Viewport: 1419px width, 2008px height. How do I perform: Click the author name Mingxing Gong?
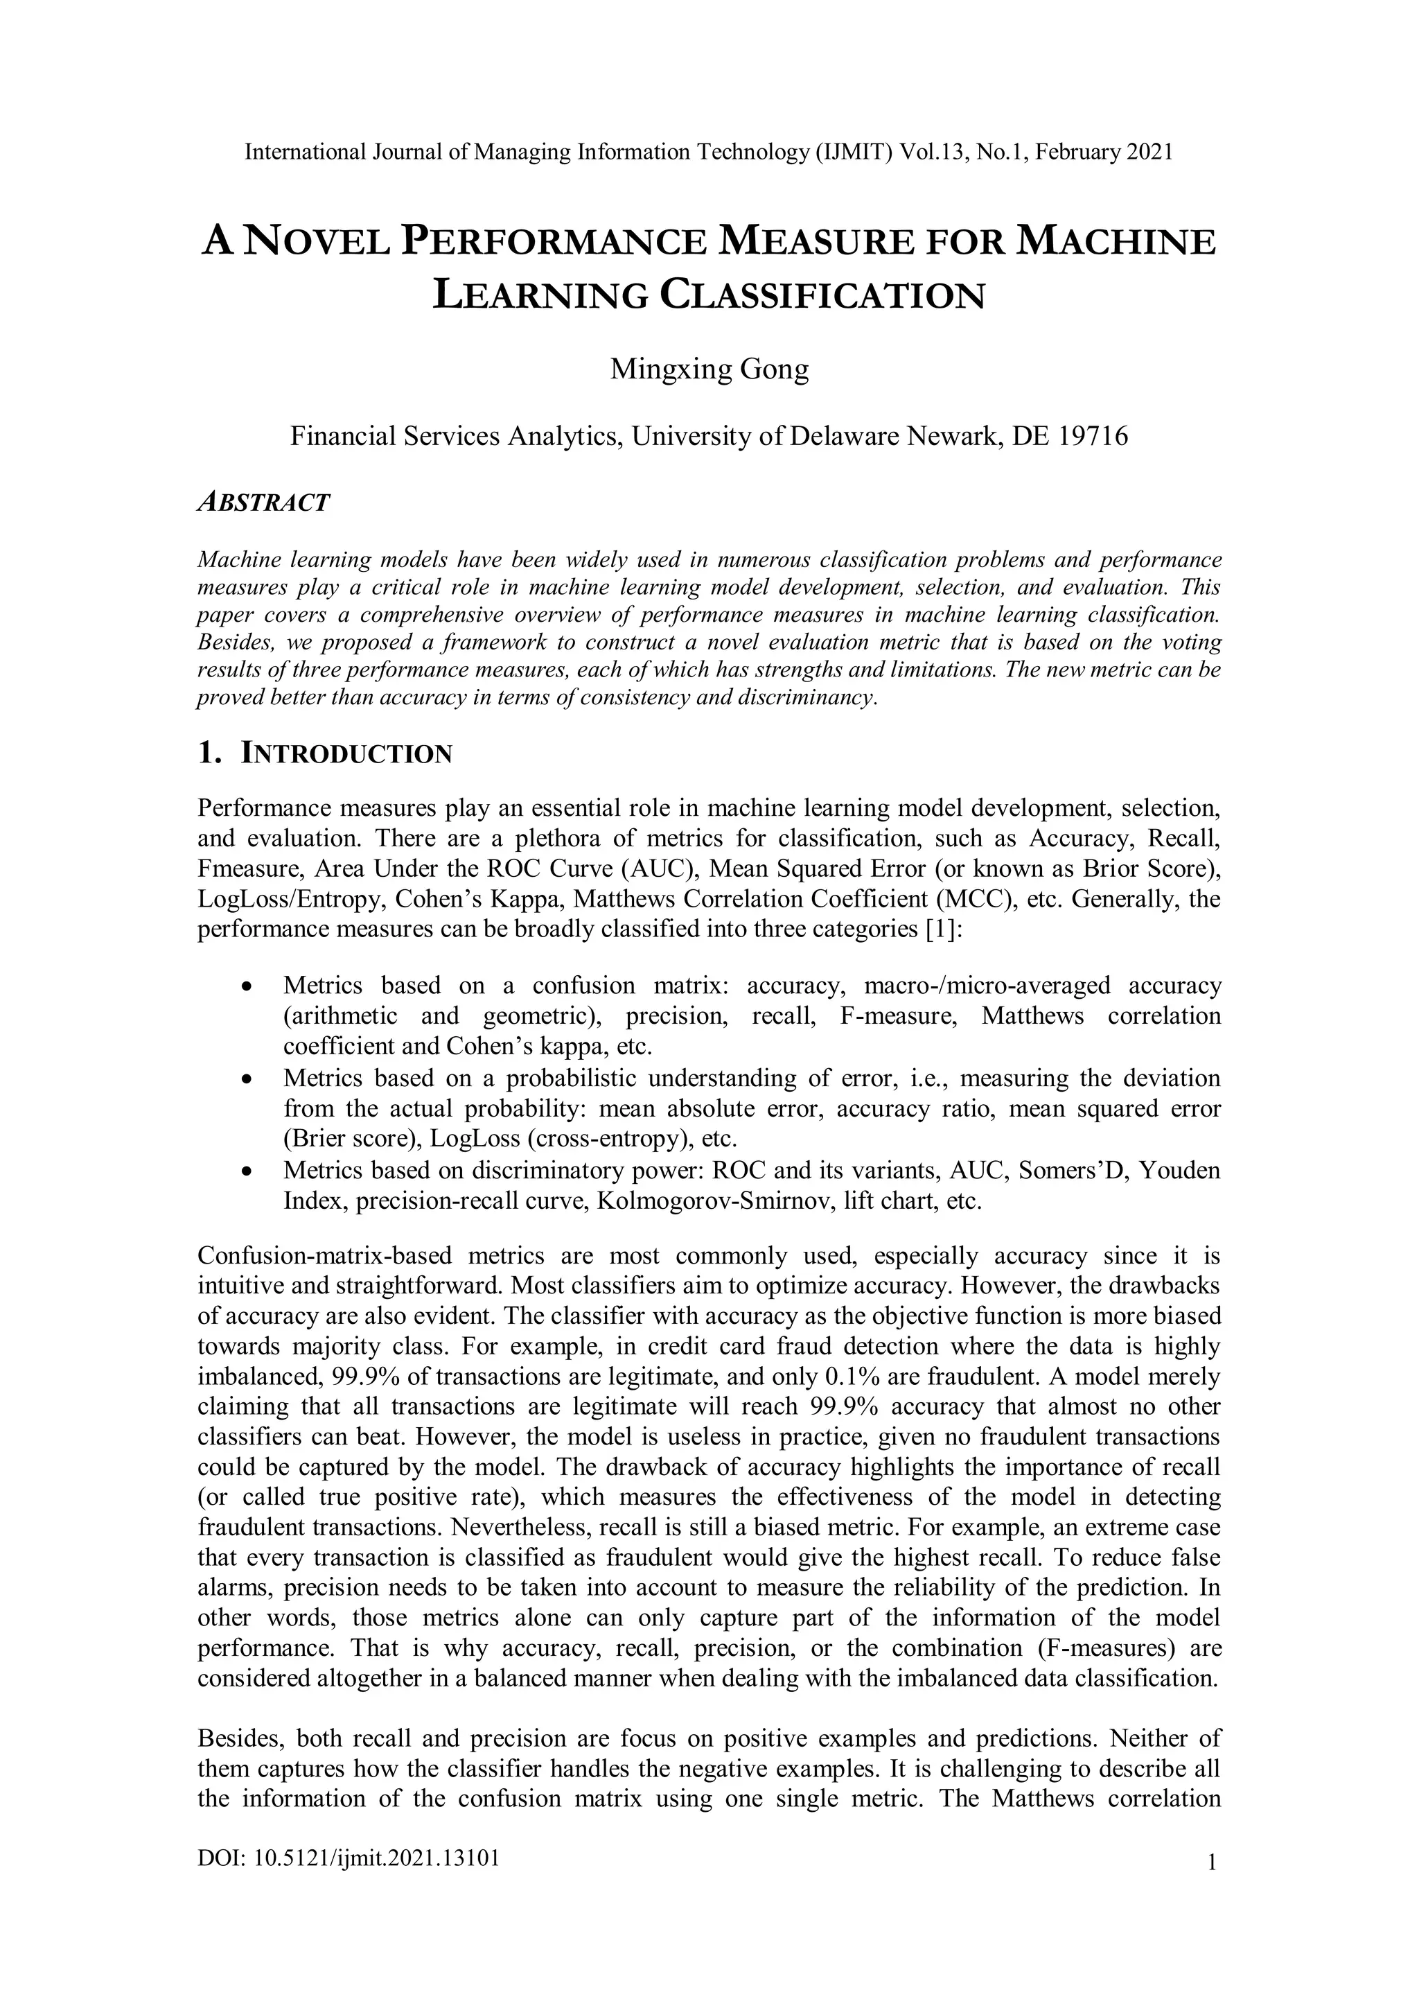[709, 369]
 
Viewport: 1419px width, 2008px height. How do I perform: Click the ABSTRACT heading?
[263, 503]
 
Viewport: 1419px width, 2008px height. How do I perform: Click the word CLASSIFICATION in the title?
[822, 295]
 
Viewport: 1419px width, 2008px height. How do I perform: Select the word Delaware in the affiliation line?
[845, 435]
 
